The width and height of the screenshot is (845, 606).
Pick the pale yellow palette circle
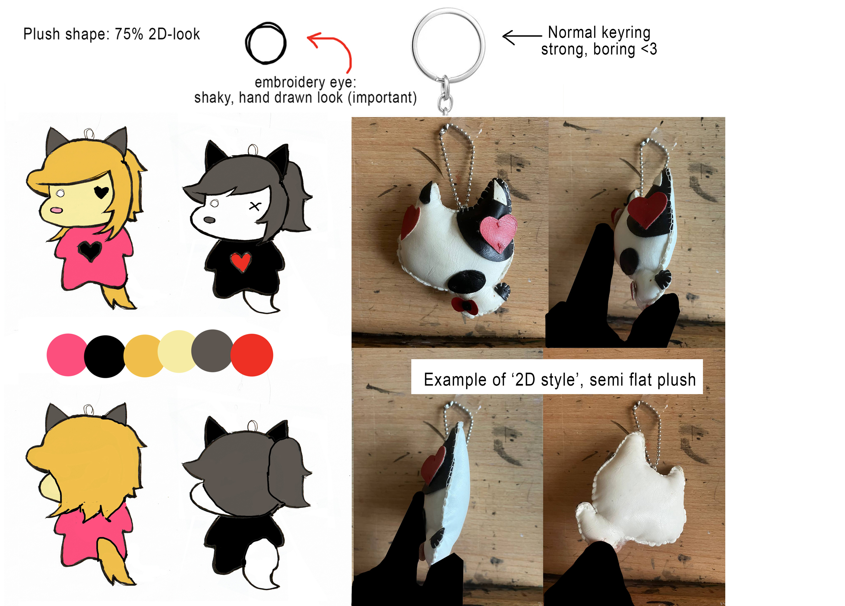coord(178,351)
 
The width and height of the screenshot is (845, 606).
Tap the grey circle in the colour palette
coord(213,351)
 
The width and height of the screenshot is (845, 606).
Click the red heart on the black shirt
coord(240,261)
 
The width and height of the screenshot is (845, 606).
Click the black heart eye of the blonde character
coord(101,192)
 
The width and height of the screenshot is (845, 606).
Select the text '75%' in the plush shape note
coord(129,34)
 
